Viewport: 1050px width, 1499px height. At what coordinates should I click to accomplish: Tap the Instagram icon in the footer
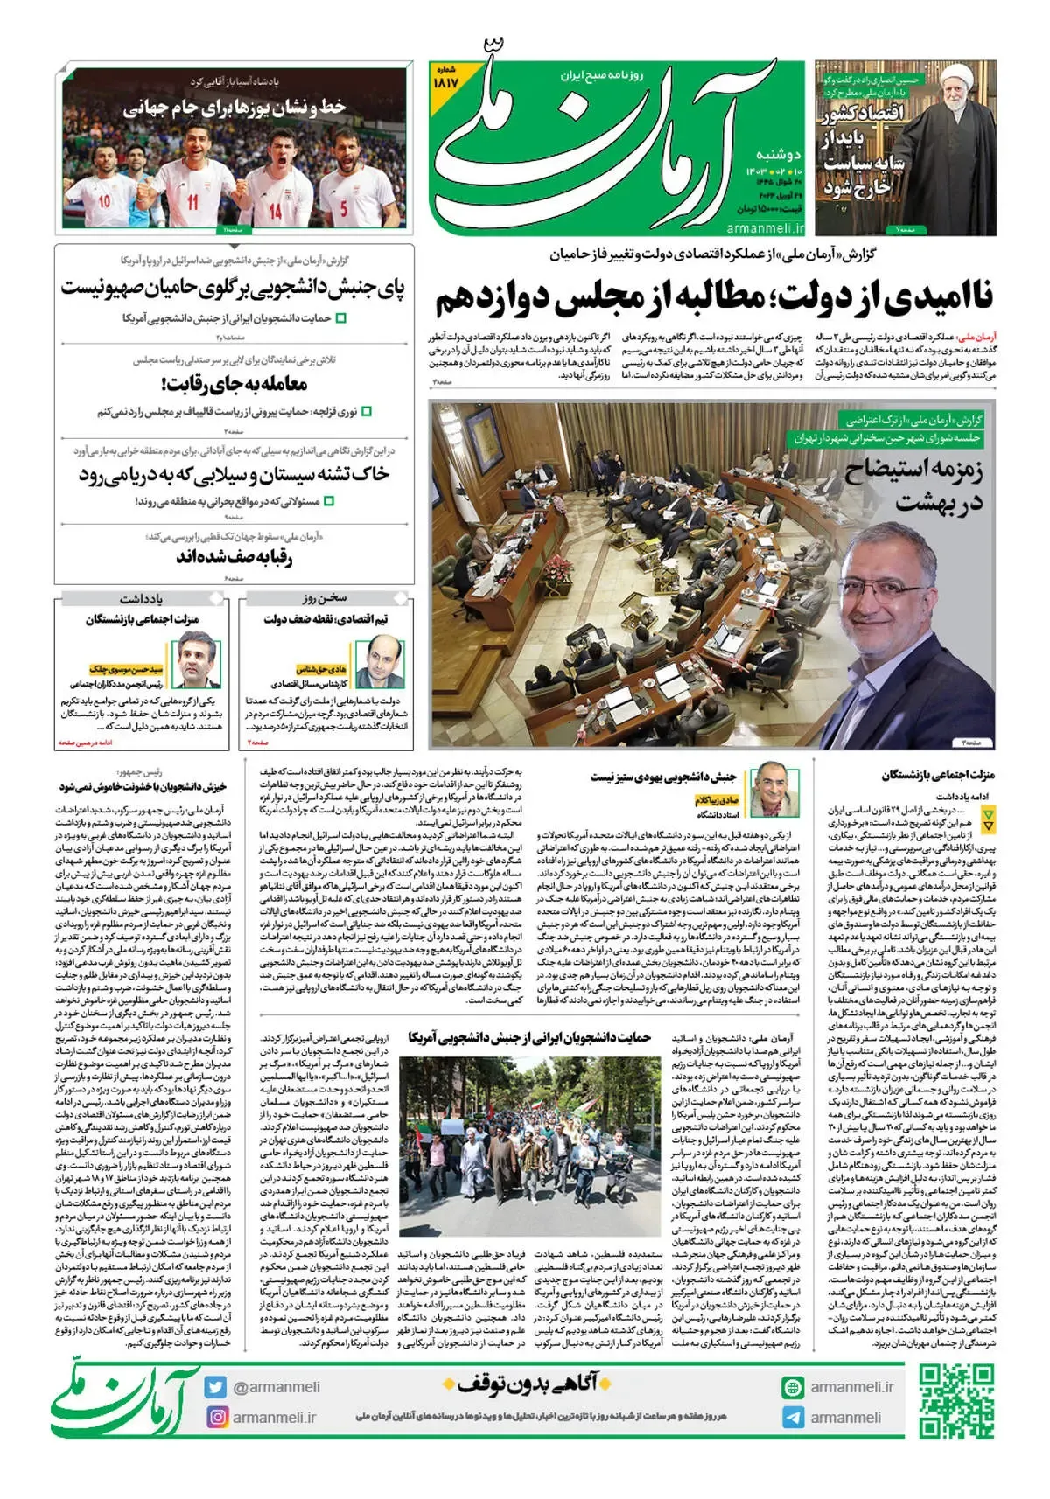[x=216, y=1416]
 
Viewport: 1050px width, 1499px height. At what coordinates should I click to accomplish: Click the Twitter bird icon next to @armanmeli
[x=216, y=1386]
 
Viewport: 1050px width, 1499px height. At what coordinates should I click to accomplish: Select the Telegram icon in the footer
[x=792, y=1417]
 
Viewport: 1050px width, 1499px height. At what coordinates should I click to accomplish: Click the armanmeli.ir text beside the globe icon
[x=851, y=1386]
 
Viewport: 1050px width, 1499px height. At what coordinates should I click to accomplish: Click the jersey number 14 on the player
[x=276, y=210]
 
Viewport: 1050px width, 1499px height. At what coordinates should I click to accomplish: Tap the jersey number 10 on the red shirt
[x=104, y=201]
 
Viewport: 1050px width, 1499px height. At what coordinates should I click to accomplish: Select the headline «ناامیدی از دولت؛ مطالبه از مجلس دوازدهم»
[x=714, y=298]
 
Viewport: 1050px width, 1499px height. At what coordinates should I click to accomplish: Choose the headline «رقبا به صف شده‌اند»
[x=234, y=557]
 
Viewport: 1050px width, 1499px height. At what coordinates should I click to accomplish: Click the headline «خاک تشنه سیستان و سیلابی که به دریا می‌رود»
[x=234, y=475]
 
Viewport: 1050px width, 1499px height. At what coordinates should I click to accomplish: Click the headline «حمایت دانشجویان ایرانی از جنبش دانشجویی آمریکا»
[x=529, y=1037]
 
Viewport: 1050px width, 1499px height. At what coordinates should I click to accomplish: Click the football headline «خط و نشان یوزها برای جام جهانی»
[x=234, y=108]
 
